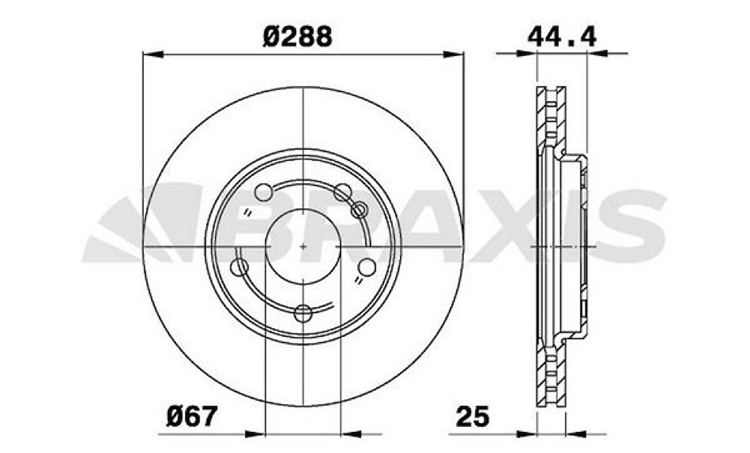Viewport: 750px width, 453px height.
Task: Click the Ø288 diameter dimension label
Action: pos(297,37)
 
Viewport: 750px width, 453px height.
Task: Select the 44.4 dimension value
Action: pos(562,37)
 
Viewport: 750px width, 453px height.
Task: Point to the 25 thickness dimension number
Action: pos(473,417)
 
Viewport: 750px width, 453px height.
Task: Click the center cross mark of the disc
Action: pos(303,246)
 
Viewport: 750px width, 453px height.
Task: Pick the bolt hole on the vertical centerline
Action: pos(303,313)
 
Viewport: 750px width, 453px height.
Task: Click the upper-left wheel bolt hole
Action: pos(264,191)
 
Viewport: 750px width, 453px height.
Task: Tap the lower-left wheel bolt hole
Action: pos(240,267)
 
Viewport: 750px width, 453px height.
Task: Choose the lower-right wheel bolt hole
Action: pos(367,267)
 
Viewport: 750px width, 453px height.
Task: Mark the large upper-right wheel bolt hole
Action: pos(343,191)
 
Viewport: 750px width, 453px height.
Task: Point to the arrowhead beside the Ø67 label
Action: pos(254,435)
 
